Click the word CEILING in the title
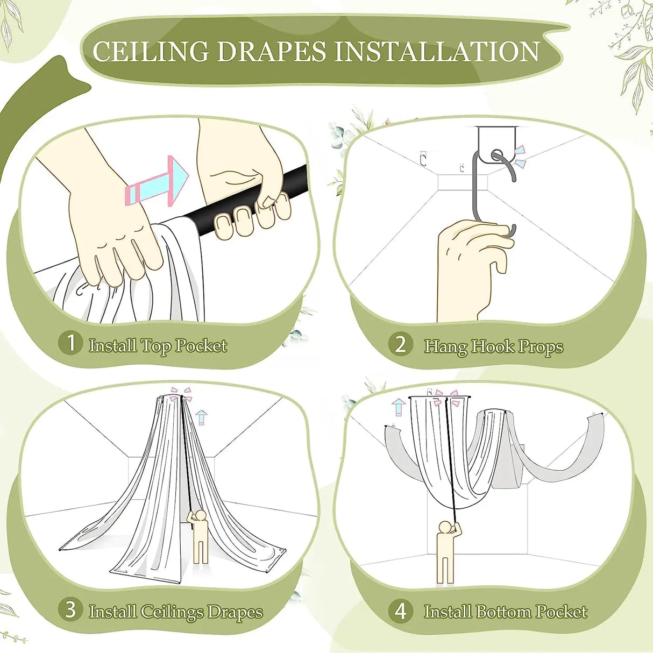[151, 51]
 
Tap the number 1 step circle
[70, 343]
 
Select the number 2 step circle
[401, 345]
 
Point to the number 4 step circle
[401, 612]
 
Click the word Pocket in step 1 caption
[201, 346]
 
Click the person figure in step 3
[199, 538]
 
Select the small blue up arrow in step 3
[202, 417]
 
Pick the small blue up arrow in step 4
[399, 407]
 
